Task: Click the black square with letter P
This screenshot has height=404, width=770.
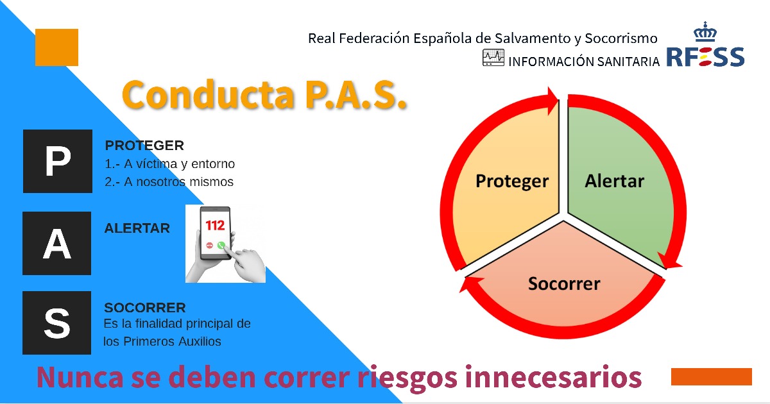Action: click(58, 161)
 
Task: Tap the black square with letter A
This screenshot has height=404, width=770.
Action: click(56, 243)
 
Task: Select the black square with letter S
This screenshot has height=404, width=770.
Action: click(56, 323)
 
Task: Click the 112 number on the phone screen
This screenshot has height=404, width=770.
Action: click(215, 225)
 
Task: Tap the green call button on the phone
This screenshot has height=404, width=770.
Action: click(221, 245)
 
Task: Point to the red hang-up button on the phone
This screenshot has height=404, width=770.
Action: click(209, 245)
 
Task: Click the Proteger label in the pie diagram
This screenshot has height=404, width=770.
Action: click(512, 181)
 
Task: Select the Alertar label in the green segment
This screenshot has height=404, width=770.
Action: click(614, 181)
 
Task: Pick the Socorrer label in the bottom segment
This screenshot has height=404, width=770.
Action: click(564, 283)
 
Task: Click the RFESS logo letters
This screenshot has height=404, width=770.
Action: click(705, 56)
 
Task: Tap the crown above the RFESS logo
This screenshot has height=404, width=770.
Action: click(705, 31)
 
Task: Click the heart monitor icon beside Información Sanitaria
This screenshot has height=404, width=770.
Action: click(493, 57)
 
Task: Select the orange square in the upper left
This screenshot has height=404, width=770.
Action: click(56, 47)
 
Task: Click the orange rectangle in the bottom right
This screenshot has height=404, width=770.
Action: click(712, 376)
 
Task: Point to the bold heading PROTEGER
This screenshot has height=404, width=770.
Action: click(144, 146)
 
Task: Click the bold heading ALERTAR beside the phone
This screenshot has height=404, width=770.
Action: click(137, 228)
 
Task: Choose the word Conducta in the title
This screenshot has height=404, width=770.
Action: click(209, 94)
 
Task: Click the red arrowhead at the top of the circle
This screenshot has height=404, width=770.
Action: click(552, 101)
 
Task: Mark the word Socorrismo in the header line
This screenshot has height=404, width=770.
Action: click(621, 38)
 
